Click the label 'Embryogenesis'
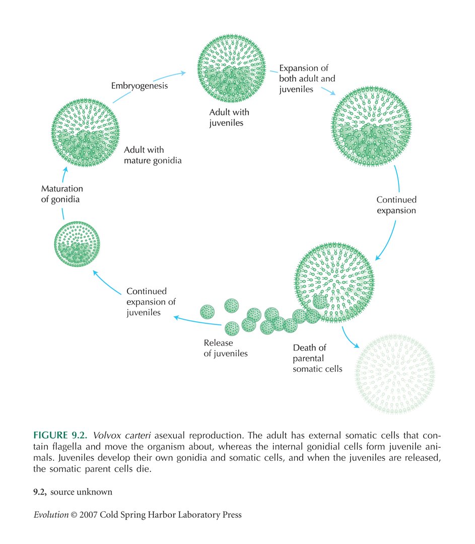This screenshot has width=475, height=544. tap(140, 86)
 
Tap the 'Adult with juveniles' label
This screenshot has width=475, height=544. tap(229, 117)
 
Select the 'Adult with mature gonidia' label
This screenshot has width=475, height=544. tap(153, 156)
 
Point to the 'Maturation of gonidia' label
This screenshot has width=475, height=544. tap(62, 193)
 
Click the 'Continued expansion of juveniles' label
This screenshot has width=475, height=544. tap(151, 302)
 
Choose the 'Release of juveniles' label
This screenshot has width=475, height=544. tap(226, 348)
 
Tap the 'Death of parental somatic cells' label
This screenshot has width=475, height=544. tap(317, 358)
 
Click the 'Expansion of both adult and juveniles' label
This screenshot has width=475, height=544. tap(307, 79)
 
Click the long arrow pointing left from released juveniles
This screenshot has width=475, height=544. tap(196, 320)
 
